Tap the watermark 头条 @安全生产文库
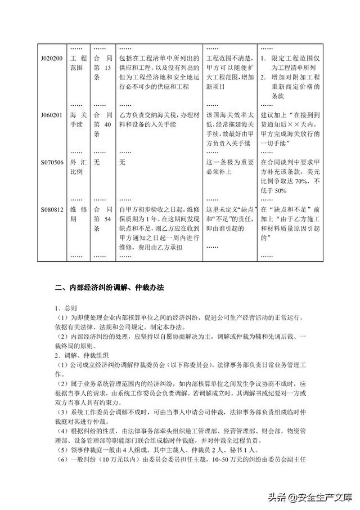click(x=308, y=496)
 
